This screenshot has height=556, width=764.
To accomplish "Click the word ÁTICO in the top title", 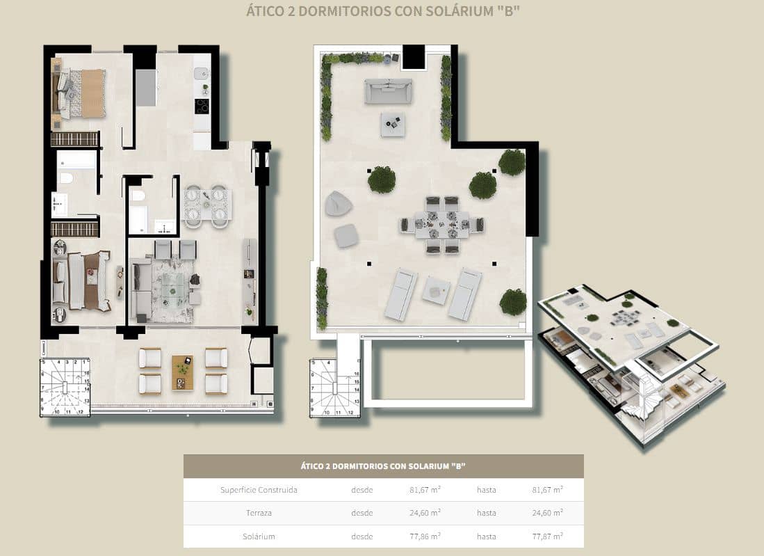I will point(267,11).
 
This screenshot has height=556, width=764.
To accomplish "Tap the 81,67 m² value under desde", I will point(425,490).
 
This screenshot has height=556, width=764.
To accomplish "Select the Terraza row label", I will point(259,513).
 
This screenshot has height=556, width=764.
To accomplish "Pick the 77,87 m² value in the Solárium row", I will point(547,537).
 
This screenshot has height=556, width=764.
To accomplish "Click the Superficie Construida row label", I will point(259,490).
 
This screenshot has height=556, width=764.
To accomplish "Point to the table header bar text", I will point(383,466).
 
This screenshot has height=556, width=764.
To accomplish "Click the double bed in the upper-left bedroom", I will point(82,93).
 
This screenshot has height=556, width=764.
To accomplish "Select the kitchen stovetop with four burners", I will point(202,106).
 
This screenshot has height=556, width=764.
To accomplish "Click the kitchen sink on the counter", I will point(201,73).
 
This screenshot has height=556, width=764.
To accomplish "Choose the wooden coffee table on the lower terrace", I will point(183,372).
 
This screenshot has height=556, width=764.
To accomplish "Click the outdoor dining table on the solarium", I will point(442,225).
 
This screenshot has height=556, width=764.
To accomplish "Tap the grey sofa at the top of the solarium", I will point(389,91).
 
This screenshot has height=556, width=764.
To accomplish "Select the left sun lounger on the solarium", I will point(401,294).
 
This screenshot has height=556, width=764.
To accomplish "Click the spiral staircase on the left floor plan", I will point(65,387).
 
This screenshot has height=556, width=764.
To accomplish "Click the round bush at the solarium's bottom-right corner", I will point(513,302).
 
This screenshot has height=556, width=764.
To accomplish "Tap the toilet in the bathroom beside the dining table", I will point(138,196).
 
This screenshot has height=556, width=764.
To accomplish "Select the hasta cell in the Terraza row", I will point(486,513).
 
